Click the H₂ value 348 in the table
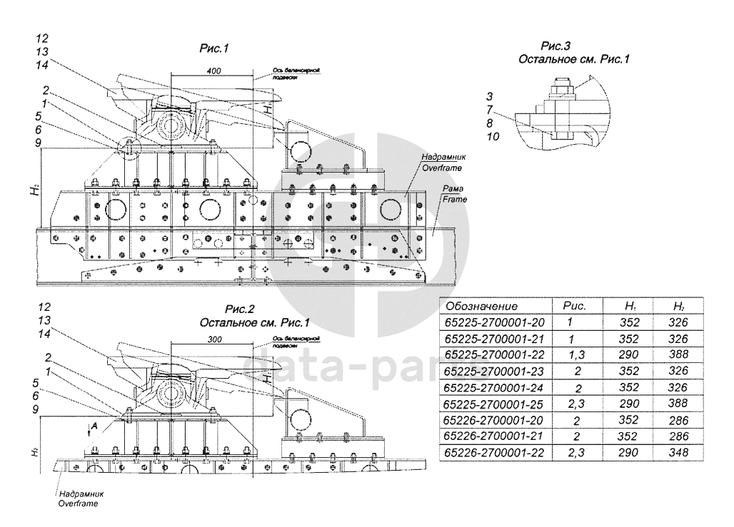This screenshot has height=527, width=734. click(678, 453)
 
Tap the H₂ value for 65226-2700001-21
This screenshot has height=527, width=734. click(678, 436)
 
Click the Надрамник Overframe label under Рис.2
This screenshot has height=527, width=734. click(78, 498)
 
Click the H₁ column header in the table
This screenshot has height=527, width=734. click(630, 306)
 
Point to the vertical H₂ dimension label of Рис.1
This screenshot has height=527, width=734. click(33, 190)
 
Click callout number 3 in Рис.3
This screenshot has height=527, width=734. click(489, 96)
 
